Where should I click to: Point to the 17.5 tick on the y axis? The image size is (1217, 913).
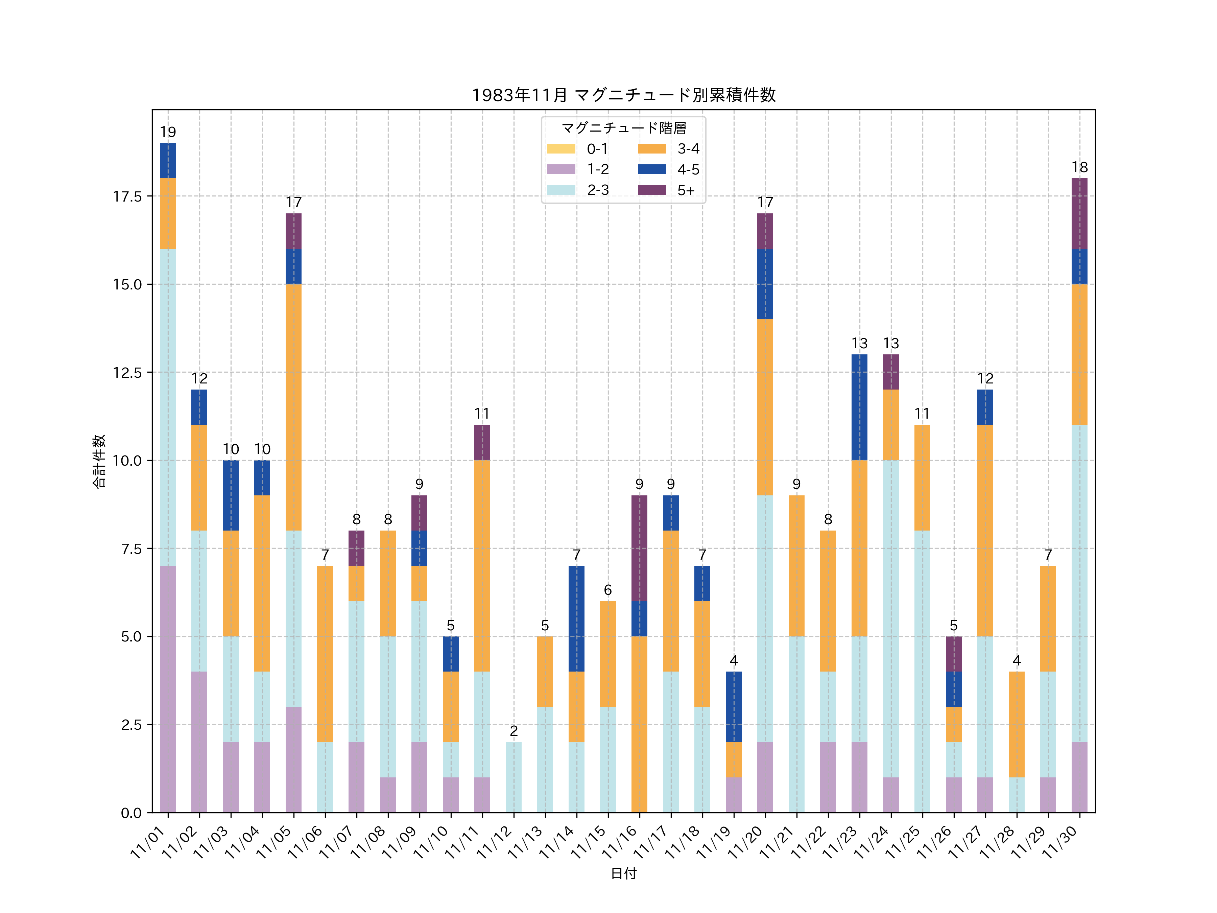pos(127,196)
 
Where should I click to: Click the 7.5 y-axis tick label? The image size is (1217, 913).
pos(131,549)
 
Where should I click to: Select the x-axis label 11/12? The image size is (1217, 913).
pos(495,842)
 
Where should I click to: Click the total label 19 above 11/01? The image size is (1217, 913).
pos(168,132)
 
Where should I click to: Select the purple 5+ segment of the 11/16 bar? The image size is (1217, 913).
pos(639,548)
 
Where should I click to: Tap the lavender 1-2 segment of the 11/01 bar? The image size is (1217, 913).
pos(168,689)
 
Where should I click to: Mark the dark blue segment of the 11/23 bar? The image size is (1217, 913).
pos(859,407)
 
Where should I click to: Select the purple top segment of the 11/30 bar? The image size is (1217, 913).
pos(1079,213)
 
